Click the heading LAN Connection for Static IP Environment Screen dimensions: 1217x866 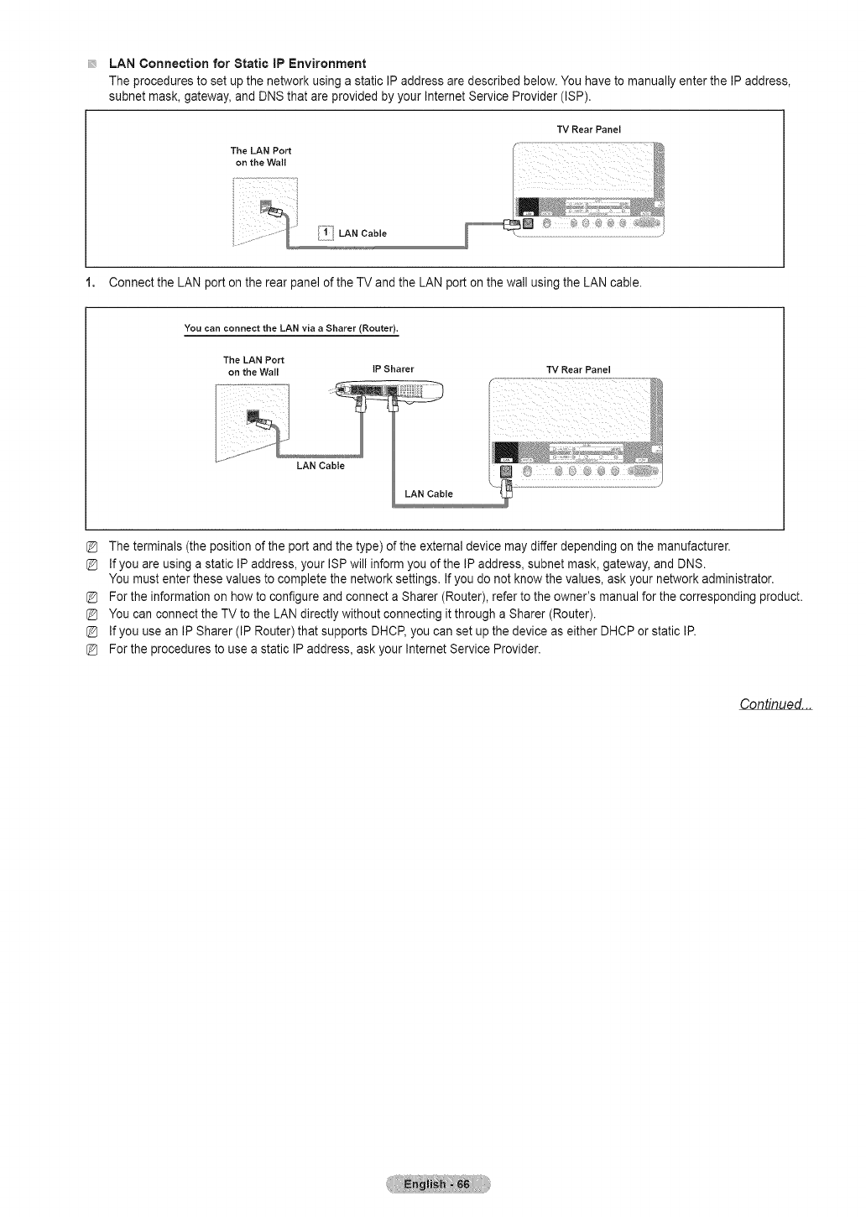pyautogui.click(x=237, y=64)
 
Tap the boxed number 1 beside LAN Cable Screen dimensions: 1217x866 pyautogui.click(x=325, y=232)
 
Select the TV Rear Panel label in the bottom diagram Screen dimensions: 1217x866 pyautogui.click(x=578, y=369)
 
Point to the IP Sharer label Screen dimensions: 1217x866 pyautogui.click(x=393, y=368)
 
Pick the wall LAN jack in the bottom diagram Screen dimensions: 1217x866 pyautogui.click(x=253, y=416)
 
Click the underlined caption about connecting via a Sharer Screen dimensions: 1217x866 pyautogui.click(x=290, y=326)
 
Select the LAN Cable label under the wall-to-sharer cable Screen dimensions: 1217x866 pyautogui.click(x=320, y=465)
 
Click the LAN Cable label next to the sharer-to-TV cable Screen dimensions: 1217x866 pyautogui.click(x=428, y=494)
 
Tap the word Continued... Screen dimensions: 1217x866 pyautogui.click(x=775, y=703)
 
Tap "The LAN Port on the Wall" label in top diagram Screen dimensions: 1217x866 pyautogui.click(x=260, y=156)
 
